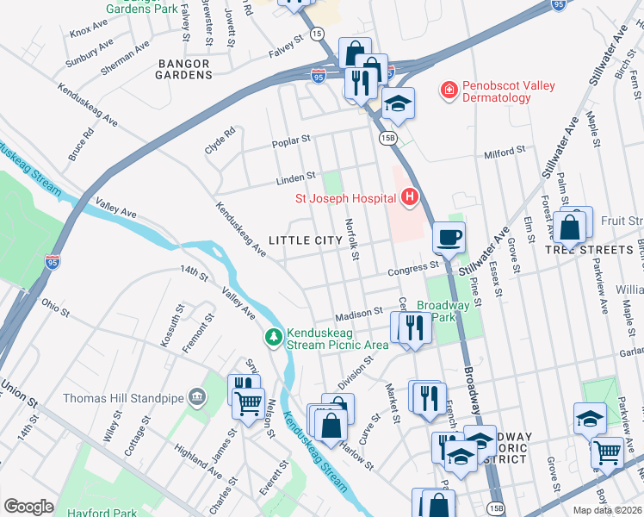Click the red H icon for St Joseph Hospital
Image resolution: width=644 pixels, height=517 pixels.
409,198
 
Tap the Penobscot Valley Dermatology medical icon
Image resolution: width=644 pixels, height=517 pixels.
448,90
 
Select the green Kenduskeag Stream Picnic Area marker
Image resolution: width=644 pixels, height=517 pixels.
274,336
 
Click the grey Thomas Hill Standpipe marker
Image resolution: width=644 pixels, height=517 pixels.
197,398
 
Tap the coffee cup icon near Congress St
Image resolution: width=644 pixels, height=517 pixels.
448,236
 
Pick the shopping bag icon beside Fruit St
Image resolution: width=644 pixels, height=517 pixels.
570,228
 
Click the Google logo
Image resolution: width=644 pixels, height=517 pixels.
28,507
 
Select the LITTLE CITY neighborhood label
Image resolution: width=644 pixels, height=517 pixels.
300,240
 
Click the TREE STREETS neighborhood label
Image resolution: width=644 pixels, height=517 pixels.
589,249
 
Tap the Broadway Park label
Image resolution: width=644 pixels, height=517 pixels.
443,311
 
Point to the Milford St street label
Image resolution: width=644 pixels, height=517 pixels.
504,152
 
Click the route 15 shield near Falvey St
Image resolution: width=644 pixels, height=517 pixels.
318,33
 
